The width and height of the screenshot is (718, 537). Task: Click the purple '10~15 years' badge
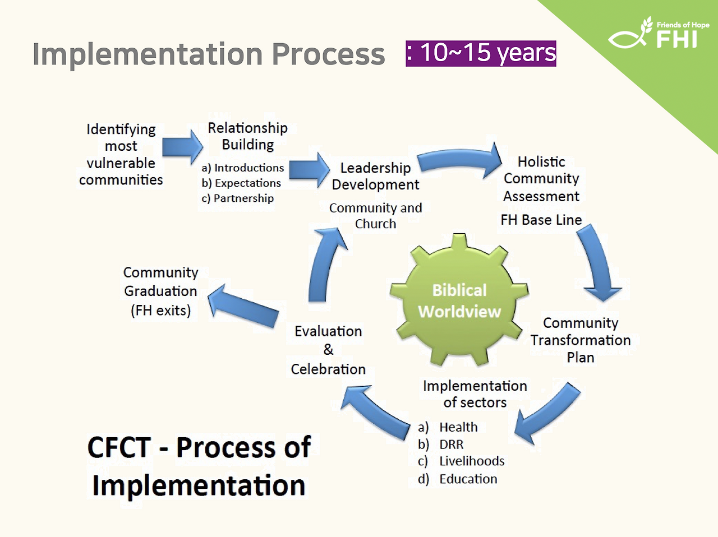click(481, 54)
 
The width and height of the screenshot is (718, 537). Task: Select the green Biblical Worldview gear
click(459, 300)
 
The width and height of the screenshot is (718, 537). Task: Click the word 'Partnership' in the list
click(243, 198)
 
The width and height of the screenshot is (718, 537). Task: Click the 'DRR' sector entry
click(452, 445)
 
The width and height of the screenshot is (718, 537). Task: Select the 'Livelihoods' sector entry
click(472, 461)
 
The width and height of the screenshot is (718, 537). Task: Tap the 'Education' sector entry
click(468, 479)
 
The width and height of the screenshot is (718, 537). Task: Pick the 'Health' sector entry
click(458, 427)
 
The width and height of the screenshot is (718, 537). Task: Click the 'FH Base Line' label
click(541, 220)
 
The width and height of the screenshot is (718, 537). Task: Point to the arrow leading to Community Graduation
click(243, 306)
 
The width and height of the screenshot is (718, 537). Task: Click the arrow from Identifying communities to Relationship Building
click(182, 147)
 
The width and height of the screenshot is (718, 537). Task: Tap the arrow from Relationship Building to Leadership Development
click(310, 170)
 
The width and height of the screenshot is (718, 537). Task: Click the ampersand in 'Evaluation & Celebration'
click(328, 350)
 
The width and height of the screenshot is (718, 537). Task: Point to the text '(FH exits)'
click(160, 310)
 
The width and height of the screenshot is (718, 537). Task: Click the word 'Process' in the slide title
click(328, 54)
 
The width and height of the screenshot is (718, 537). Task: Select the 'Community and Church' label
click(375, 216)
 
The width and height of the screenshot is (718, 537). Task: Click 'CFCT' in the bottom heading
click(119, 447)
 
